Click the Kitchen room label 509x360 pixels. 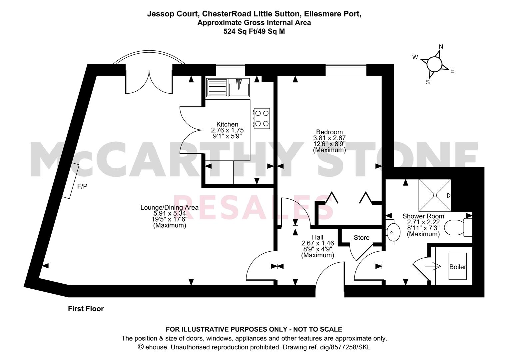click(227, 124)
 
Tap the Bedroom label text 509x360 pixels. click(329, 132)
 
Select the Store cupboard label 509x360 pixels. click(361, 238)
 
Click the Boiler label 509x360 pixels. click(458, 267)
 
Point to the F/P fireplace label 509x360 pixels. click(82, 186)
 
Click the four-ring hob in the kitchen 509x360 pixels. click(262, 118)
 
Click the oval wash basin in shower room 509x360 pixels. click(393, 232)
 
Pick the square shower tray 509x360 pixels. click(435, 195)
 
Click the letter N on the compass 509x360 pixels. click(441, 47)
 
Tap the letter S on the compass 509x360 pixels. click(428, 82)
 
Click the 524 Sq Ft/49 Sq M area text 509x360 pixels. click(254, 31)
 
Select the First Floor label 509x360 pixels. click(86, 309)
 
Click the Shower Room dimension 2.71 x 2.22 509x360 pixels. click(423, 222)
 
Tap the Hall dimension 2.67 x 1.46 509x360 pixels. click(317, 243)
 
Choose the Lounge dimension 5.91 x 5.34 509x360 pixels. click(170, 213)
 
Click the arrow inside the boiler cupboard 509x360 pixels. click(433, 266)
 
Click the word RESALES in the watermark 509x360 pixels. click(254, 207)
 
